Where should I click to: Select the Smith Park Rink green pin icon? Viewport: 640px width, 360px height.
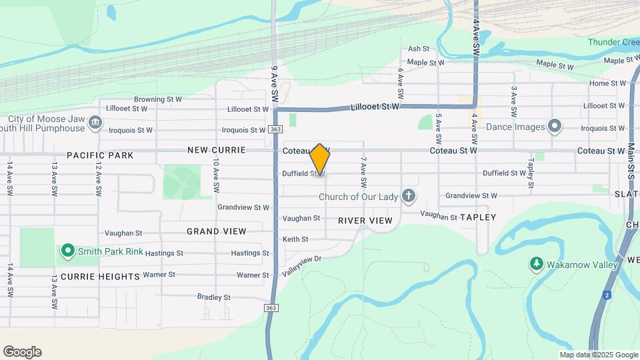(67, 251)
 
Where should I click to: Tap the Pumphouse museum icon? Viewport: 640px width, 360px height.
(95, 123)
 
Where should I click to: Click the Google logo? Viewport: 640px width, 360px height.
(22, 352)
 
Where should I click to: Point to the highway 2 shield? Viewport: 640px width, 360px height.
(607, 295)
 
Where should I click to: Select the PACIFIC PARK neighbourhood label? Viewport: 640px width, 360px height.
(100, 155)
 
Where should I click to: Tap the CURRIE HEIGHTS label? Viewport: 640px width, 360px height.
(101, 276)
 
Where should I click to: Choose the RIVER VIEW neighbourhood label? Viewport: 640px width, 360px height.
(365, 220)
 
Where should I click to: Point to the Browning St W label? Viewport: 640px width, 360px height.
(158, 99)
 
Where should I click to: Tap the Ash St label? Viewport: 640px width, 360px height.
(419, 49)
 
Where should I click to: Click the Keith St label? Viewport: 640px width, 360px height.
(295, 239)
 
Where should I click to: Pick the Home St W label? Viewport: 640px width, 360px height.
(608, 83)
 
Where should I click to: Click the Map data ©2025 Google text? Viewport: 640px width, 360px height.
(599, 355)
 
